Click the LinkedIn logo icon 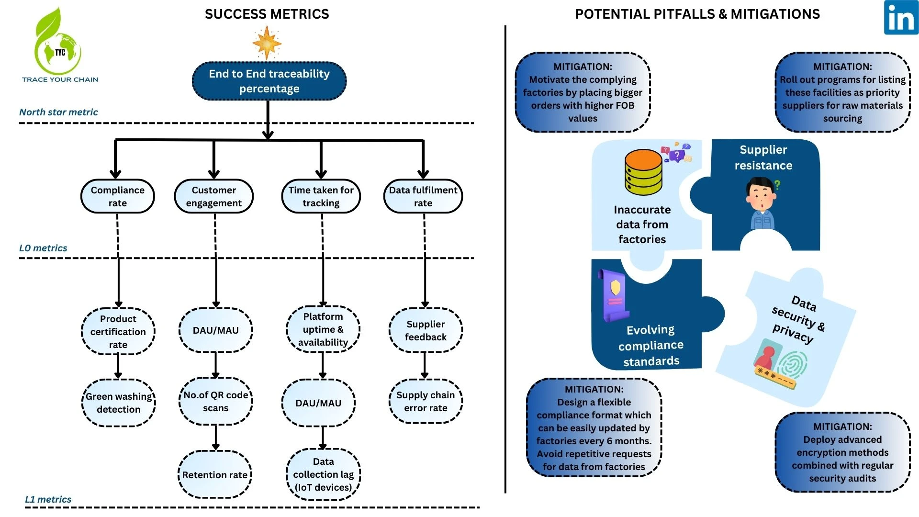901,18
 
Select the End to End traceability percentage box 269,81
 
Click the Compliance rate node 118,196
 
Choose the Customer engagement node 214,196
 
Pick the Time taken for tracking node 321,196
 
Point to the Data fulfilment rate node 423,196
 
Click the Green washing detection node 119,403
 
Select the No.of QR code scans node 216,401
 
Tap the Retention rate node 215,474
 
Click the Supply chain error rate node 426,401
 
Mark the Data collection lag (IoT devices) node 323,474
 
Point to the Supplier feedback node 426,330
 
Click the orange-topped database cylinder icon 643,172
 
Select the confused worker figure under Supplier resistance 762,203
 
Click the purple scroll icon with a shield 614,295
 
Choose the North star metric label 58,112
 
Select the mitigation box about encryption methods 842,452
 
